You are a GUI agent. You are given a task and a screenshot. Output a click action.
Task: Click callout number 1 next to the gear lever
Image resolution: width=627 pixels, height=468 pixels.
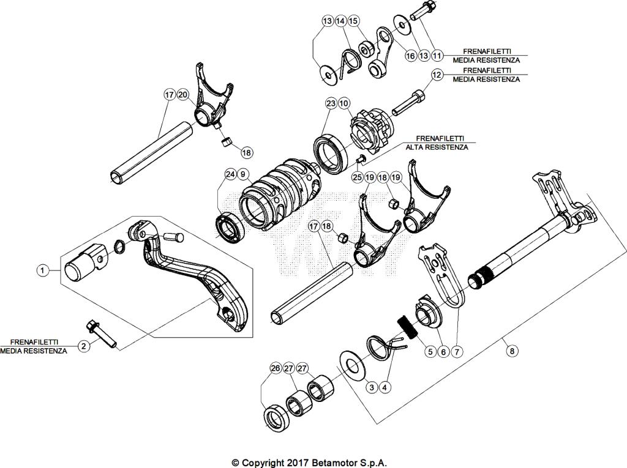click(42, 269)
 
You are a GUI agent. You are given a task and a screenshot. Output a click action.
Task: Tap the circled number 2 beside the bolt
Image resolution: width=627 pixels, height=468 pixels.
click(84, 346)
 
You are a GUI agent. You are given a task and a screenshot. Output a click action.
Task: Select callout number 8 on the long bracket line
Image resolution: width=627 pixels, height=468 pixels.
click(512, 351)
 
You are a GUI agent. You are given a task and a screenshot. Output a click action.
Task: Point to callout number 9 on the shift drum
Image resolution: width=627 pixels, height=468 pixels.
click(243, 174)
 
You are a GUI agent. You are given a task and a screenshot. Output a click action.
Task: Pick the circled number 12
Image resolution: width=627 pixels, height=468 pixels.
click(437, 75)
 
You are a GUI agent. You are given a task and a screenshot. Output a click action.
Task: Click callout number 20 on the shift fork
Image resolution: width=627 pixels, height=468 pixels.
click(183, 95)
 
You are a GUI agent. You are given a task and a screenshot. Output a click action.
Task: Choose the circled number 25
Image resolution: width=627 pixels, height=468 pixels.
click(357, 177)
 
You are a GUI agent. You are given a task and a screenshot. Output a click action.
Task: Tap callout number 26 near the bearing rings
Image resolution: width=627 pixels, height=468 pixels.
click(275, 368)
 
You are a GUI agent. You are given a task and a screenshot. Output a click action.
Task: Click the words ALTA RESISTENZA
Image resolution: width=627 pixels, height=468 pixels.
click(437, 147)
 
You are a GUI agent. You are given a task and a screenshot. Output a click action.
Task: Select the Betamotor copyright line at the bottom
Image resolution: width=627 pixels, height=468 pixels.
click(309, 462)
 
